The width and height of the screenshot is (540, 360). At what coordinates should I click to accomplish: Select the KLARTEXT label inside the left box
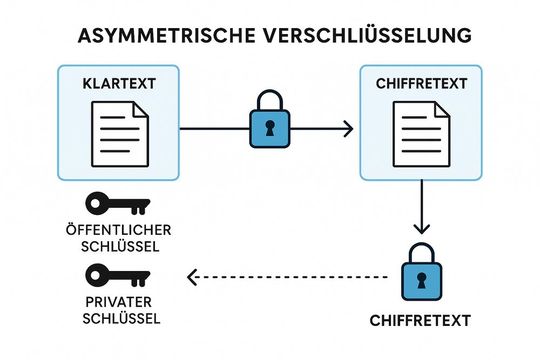120,82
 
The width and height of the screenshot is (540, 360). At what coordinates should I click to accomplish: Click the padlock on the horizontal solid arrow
270,124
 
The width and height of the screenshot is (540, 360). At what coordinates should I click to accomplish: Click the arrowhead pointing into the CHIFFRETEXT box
347,128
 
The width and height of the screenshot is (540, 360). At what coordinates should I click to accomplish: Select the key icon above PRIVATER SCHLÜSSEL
113,274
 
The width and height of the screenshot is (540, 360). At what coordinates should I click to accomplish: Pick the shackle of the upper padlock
270,102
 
